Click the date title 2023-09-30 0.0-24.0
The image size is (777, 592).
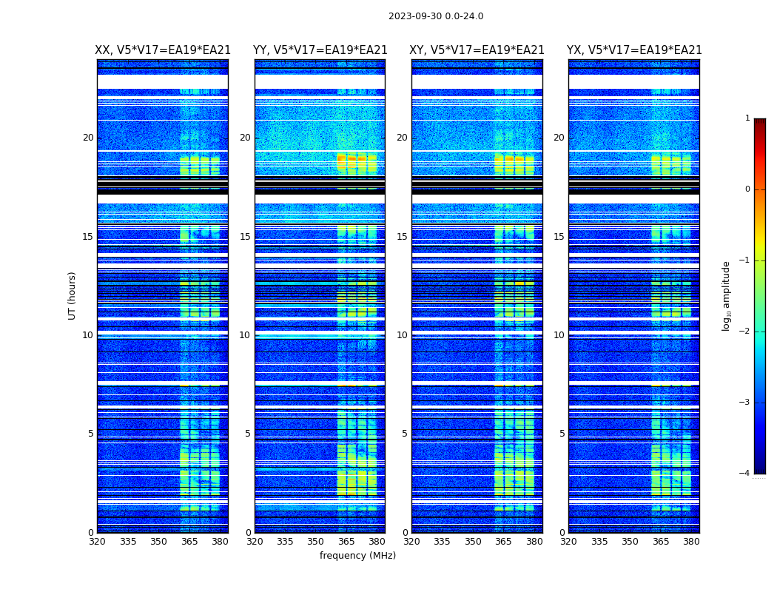[x=436, y=16]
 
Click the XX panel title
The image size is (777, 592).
[x=163, y=50]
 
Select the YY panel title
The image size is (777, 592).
[x=320, y=50]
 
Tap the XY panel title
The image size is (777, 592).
[x=477, y=50]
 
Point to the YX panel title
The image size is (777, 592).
[x=634, y=50]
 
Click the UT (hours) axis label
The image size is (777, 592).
[x=73, y=295]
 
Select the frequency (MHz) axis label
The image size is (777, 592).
[x=357, y=556]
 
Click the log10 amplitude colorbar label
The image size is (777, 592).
[x=727, y=295]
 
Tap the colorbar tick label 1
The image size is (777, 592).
[x=747, y=118]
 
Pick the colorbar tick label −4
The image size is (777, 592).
[x=745, y=474]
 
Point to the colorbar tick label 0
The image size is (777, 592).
[x=747, y=189]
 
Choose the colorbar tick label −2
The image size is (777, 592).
[x=745, y=332]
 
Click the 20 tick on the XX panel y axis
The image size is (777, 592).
[x=88, y=138]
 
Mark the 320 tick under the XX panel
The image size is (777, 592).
[x=97, y=542]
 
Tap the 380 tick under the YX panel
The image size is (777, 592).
[x=691, y=542]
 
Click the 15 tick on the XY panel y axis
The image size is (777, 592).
[x=402, y=237]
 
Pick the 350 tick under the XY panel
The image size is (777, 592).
[x=473, y=542]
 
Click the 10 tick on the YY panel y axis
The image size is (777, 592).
[x=245, y=335]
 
